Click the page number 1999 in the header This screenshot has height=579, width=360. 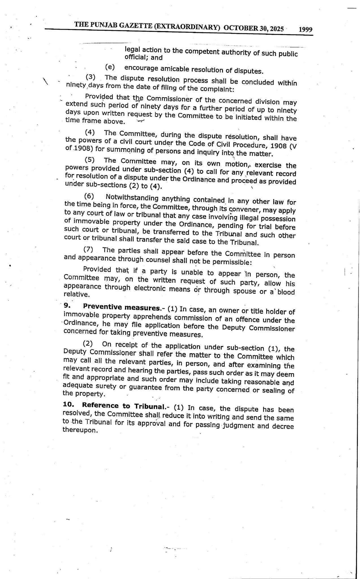(305, 29)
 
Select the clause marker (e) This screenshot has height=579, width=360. (110, 67)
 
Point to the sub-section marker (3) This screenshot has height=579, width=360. (90, 77)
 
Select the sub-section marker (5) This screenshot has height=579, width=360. (90, 160)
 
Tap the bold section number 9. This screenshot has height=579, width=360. (67, 306)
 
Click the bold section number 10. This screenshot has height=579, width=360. (68, 405)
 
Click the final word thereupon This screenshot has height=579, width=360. (80, 430)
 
